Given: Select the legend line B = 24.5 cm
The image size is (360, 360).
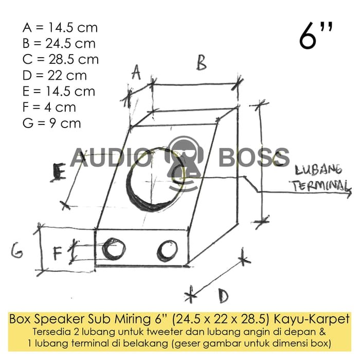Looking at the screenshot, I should (59, 43).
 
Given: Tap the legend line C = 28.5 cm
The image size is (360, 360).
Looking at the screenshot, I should (61, 59).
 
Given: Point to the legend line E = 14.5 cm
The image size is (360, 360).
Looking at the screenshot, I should (59, 91).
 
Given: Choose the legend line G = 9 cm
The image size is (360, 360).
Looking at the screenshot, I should (52, 123).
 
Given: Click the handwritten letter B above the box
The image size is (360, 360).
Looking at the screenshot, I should (201, 63).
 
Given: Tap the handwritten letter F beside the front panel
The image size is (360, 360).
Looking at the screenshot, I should (58, 253).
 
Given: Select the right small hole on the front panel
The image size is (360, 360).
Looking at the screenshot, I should (167, 250).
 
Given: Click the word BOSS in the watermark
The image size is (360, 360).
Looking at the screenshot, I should (254, 157).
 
